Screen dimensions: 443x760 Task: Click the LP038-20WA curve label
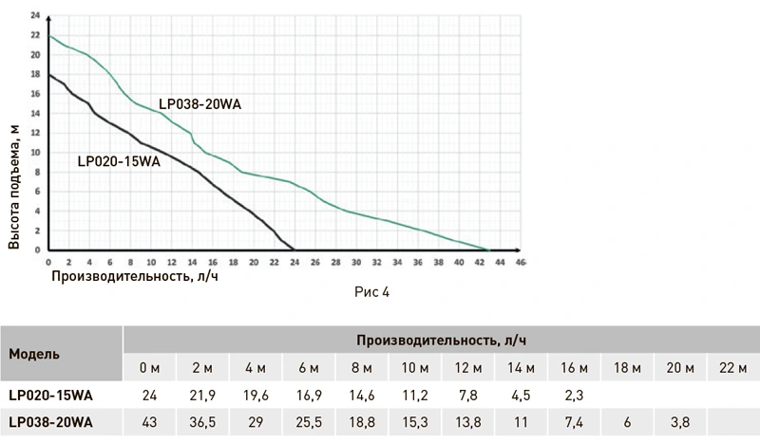click(x=199, y=105)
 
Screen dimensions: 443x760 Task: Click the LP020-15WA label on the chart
click(x=119, y=161)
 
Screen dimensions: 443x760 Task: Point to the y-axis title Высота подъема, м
click(x=14, y=185)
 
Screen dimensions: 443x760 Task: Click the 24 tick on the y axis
click(x=35, y=15)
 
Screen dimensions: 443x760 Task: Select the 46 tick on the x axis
click(x=521, y=262)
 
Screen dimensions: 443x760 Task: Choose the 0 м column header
click(x=149, y=368)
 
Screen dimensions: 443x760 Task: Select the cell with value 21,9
click(x=201, y=396)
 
